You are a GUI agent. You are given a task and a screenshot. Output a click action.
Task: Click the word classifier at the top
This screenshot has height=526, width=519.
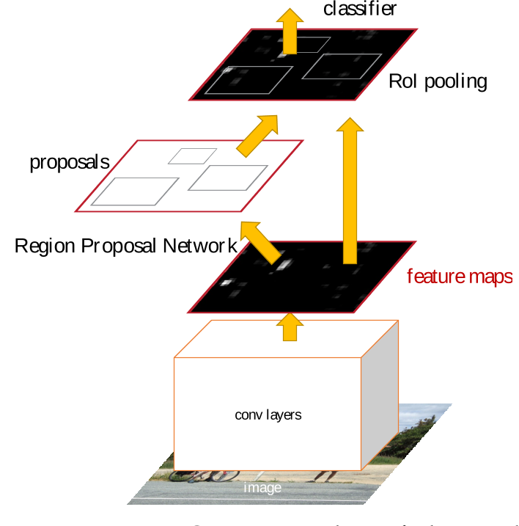[360, 10]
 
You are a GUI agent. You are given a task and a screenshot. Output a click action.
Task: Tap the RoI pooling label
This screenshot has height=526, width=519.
[438, 81]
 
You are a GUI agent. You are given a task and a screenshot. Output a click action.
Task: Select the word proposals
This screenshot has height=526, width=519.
[70, 161]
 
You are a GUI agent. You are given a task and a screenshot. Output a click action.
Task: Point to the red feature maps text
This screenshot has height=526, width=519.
[460, 277]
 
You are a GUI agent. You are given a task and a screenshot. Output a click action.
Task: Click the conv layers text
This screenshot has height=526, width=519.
[268, 414]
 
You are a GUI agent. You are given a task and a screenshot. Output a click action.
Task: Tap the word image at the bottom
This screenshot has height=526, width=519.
[262, 488]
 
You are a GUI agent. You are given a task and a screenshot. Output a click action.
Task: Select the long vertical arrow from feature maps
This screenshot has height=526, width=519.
[350, 191]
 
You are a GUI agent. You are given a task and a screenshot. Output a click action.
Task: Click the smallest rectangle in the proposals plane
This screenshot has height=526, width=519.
[193, 156]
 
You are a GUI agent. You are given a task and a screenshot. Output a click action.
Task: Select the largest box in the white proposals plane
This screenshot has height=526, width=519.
[136, 191]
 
